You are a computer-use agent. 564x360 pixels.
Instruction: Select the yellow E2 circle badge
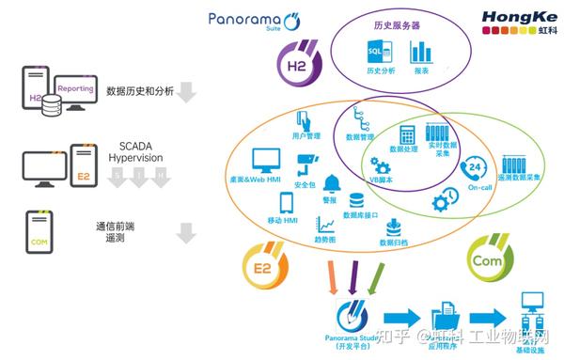[262, 263]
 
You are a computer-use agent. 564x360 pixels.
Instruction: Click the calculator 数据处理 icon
[408, 134]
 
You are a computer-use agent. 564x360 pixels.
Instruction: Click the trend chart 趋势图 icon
[325, 225]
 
